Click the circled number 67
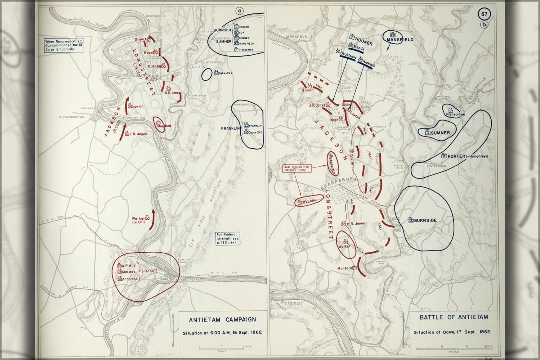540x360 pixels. pyautogui.click(x=484, y=14)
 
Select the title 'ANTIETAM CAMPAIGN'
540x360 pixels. pyautogui.click(x=222, y=320)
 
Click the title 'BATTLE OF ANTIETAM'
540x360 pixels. pyautogui.click(x=454, y=317)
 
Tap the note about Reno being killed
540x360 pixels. pyautogui.click(x=64, y=45)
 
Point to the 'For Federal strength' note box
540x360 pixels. pyautogui.click(x=228, y=239)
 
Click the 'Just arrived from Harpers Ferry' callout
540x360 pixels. pyautogui.click(x=296, y=168)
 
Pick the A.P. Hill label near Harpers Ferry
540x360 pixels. pyautogui.click(x=128, y=266)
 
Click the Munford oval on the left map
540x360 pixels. pyautogui.click(x=159, y=124)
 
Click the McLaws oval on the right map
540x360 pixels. pyautogui.click(x=309, y=201)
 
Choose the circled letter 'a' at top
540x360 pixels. pyautogui.click(x=240, y=11)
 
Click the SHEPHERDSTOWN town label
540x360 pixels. pyautogui.click(x=71, y=117)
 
